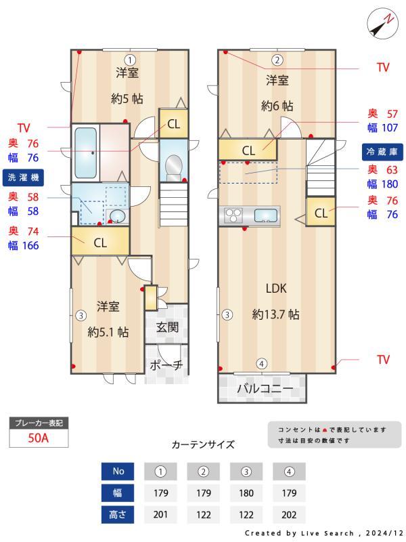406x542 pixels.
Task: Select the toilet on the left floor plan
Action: coord(174,165)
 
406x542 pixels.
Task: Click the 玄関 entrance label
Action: coord(167,327)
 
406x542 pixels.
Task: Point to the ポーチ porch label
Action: coord(166,364)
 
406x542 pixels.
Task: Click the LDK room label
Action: coord(276,288)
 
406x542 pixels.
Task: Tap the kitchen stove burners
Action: coord(233,215)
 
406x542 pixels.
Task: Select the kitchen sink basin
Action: coord(266,216)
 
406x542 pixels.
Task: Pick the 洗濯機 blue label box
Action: coord(24,177)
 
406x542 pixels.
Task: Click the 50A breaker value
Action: coord(39,438)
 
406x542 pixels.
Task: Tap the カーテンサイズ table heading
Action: coord(203,444)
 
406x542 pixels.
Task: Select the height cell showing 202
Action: coord(289,514)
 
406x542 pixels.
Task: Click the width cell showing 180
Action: coord(246,493)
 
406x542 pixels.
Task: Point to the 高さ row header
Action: coord(118,514)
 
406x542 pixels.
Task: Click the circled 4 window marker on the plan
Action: coord(262,363)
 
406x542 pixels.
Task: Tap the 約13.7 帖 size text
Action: coord(276,314)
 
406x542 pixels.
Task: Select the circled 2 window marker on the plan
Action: coord(277,59)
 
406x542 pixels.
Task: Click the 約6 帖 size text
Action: coord(277,106)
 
